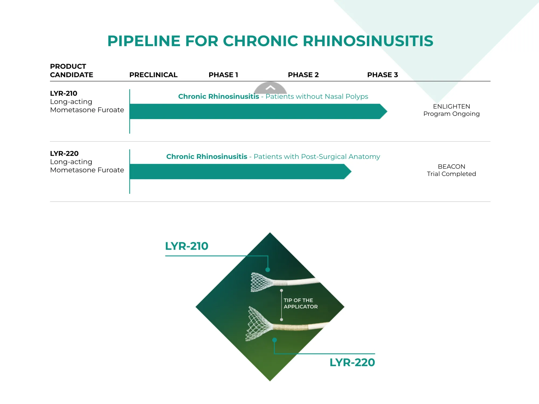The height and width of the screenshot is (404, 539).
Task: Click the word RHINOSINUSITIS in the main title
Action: point(368,41)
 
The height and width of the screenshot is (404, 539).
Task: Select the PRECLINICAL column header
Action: point(153,75)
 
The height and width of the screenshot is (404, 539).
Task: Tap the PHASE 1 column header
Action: point(223,75)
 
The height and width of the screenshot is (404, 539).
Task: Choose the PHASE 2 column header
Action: point(303,75)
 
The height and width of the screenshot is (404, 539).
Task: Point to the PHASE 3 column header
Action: point(382,75)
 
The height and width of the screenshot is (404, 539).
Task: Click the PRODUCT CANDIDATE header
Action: point(71,71)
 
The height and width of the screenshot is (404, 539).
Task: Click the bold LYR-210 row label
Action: point(64,93)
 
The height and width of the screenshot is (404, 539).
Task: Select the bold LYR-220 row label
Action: point(64,154)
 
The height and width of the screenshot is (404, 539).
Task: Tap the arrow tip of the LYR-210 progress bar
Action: point(387,111)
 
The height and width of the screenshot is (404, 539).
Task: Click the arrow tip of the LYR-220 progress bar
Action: point(351,172)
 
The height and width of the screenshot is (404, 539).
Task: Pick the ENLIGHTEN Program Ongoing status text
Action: point(451,110)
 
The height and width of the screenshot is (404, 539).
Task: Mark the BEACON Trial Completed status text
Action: point(451,170)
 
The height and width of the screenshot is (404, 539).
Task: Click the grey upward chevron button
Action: point(270,88)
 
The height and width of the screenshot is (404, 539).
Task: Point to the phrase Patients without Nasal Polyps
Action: point(317,96)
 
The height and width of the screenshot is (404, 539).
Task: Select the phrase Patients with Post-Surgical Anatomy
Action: point(317,156)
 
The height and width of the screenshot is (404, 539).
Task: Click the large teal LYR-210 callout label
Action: point(186,246)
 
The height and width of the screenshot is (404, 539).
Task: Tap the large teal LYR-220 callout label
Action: point(352,362)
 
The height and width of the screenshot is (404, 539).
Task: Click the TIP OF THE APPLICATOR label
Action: point(300,303)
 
